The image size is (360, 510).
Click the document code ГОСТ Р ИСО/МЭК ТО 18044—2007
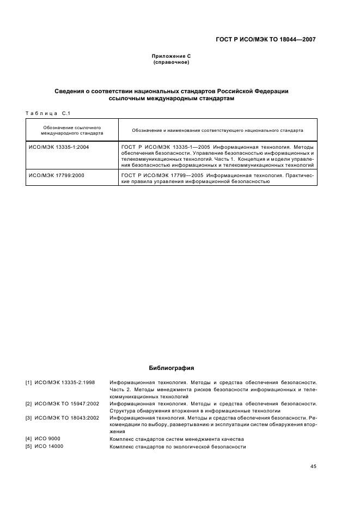[x=265, y=39]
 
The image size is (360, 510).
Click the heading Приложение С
[x=171, y=56]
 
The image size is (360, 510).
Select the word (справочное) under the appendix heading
[x=171, y=62]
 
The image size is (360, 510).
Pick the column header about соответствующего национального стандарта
[x=217, y=131]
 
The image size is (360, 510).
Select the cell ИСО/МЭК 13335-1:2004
[x=59, y=147]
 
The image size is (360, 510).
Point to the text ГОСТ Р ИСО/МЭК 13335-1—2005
[x=166, y=147]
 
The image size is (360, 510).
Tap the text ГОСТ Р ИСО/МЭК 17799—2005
[x=162, y=175]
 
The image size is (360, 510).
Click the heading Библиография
[x=171, y=368]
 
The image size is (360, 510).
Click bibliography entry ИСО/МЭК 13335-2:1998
[x=64, y=382]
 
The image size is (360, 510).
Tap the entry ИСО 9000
[x=47, y=439]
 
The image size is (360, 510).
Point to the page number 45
[x=313, y=466]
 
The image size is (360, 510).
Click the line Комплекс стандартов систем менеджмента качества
[x=176, y=439]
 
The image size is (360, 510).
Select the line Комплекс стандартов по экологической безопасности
[x=178, y=447]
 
